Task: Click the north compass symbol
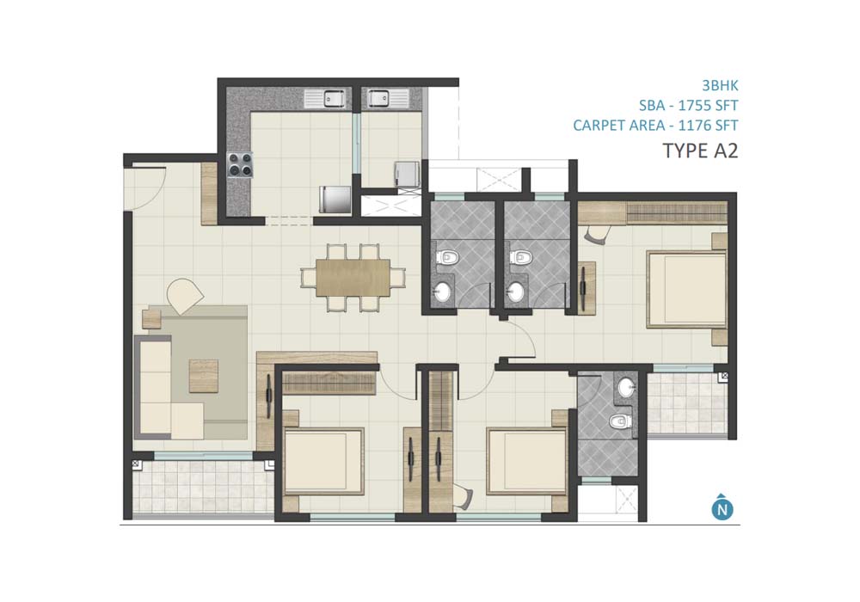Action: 722,508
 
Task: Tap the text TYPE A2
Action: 700,150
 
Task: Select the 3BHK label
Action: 720,85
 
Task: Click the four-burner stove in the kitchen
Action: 240,164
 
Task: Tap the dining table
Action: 353,278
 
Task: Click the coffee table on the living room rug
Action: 204,376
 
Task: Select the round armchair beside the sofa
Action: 185,296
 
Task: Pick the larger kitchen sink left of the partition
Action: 326,99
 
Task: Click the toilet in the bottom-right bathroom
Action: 619,421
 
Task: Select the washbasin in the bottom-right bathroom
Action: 626,388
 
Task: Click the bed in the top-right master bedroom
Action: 686,289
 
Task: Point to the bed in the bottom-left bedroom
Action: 324,462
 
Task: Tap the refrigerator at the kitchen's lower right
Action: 335,200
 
